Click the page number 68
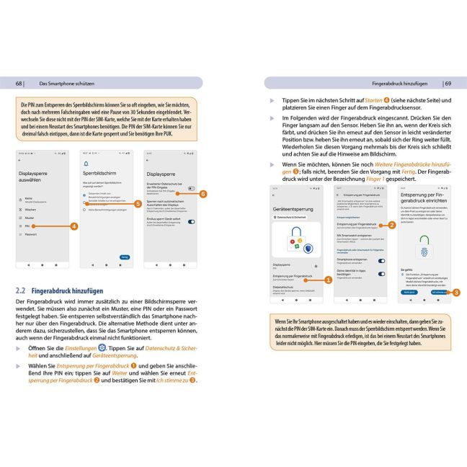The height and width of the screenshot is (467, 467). tap(19, 83)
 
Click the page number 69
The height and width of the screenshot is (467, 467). tap(447, 83)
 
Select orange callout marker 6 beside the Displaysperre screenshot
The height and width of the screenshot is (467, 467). tap(204, 194)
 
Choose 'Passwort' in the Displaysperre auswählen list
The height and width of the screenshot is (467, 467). tap(31, 234)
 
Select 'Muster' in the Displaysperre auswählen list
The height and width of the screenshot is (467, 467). tap(30, 216)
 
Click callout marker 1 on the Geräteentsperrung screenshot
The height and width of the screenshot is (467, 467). tap(328, 279)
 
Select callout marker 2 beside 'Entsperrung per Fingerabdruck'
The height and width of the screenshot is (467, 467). tap(391, 225)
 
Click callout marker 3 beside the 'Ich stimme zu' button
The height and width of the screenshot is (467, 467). tap(456, 292)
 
